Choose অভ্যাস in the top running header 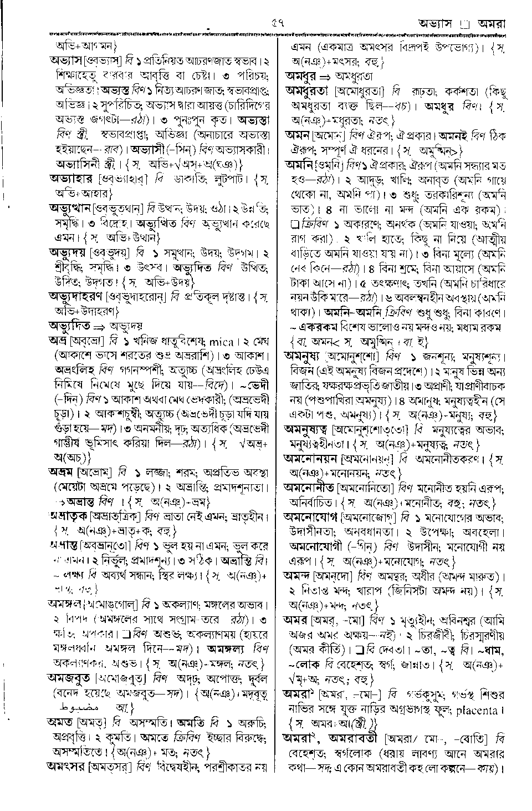pos(438,24)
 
